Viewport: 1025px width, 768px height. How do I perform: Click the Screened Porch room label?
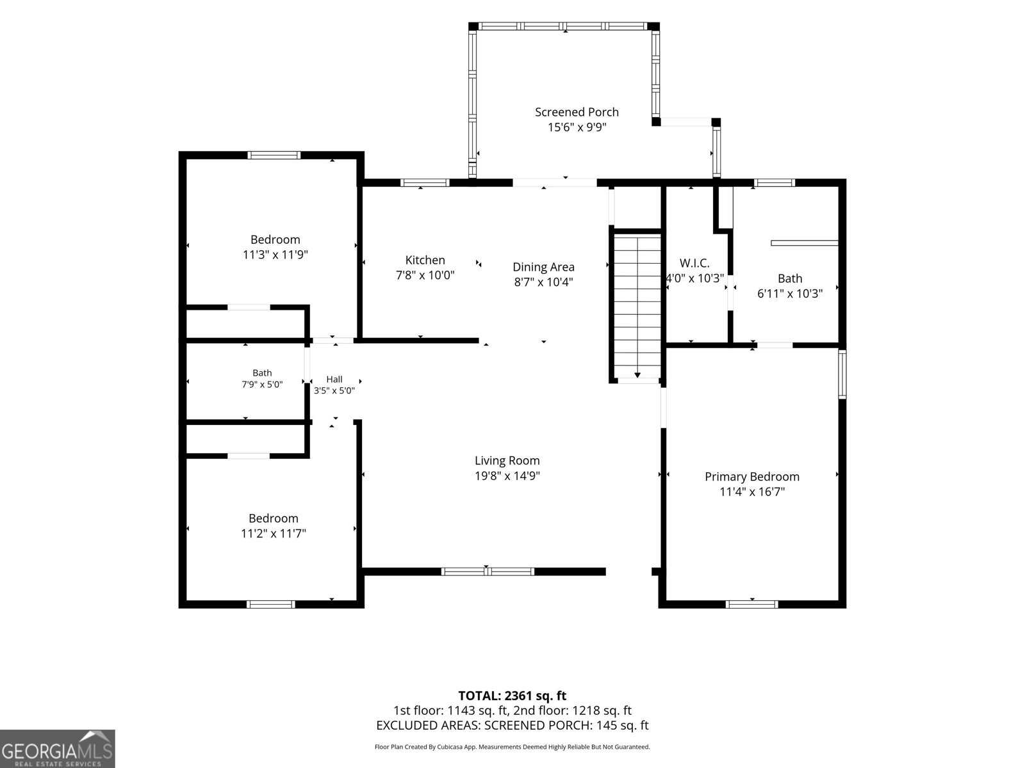(577, 113)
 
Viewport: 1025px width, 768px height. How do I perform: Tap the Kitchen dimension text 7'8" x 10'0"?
(425, 275)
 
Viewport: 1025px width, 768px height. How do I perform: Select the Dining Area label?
(543, 267)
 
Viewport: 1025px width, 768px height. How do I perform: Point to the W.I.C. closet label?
(694, 263)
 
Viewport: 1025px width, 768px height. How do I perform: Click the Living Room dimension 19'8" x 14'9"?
(507, 476)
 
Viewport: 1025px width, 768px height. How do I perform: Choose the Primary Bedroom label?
(752, 477)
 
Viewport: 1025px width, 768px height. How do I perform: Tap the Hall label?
(334, 380)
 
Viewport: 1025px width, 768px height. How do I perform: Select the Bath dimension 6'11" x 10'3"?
(790, 293)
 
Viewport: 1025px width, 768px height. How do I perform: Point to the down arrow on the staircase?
(637, 375)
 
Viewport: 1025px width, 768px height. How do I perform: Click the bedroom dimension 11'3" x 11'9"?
(275, 255)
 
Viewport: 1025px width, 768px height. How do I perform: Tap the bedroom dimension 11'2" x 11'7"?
(273, 534)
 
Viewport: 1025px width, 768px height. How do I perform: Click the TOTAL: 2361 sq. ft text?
(512, 696)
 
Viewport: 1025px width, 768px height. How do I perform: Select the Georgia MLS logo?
(58, 748)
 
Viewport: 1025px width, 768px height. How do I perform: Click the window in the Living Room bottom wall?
(488, 572)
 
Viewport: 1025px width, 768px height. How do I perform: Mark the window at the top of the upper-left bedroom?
(274, 156)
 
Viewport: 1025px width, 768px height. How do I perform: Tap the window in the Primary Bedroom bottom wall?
(752, 605)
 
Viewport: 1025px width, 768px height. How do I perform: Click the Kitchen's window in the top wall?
(425, 183)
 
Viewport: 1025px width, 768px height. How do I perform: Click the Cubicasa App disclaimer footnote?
(512, 747)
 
